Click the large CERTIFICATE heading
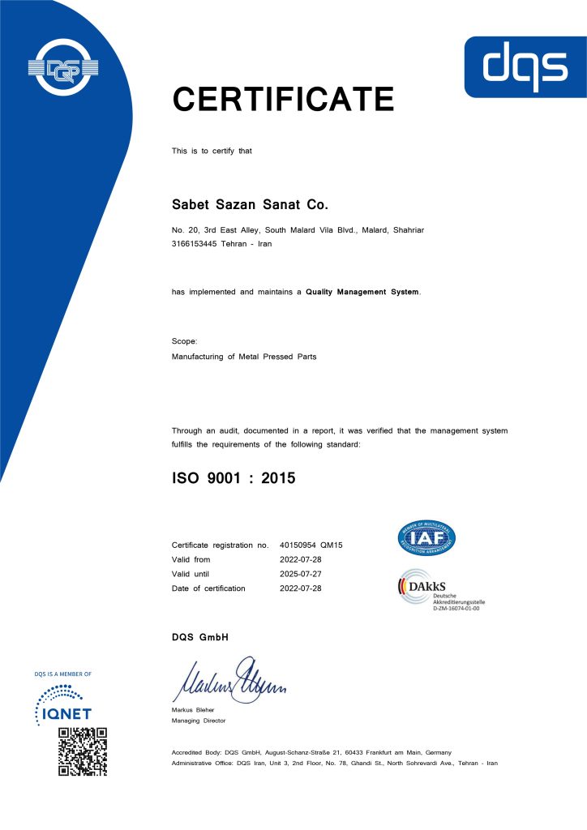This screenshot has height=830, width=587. (282, 99)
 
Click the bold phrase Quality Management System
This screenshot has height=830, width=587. (362, 292)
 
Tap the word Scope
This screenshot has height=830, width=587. (184, 341)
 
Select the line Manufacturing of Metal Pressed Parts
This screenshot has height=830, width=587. (244, 357)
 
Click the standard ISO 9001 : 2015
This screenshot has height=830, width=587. (234, 478)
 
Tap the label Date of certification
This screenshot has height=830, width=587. (208, 588)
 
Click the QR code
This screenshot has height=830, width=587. (82, 751)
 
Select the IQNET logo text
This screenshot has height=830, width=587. (65, 713)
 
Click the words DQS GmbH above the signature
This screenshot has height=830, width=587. (200, 638)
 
